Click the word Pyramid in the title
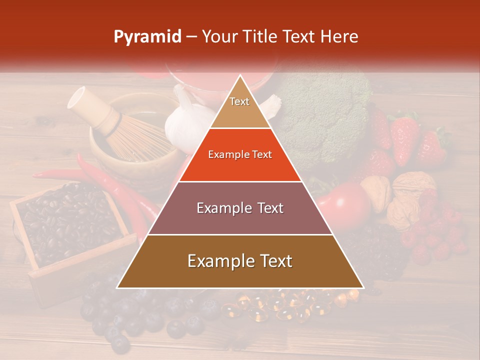(x=147, y=37)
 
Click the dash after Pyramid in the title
(x=191, y=37)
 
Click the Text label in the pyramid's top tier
(x=239, y=101)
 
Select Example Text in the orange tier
(x=240, y=154)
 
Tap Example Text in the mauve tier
(x=240, y=208)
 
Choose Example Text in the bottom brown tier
(x=240, y=261)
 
